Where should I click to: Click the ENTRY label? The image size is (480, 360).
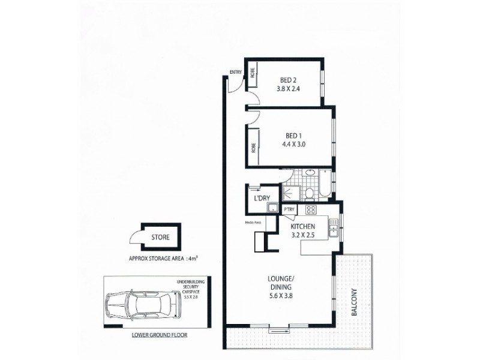235,73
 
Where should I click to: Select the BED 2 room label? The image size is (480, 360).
288,80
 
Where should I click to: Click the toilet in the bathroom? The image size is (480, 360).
308,192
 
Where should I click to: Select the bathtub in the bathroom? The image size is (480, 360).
325,183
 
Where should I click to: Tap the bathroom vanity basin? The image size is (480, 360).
310,174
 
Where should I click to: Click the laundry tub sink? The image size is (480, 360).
272,208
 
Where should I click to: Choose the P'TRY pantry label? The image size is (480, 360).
289,209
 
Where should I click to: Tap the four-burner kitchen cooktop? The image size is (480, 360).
311,209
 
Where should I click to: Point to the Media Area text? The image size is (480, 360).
253,223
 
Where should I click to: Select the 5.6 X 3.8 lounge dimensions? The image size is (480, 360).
281,295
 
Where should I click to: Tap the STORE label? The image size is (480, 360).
160,237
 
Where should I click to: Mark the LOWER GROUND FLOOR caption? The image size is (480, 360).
159,335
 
